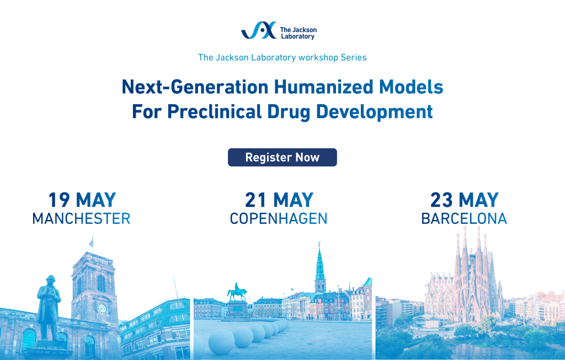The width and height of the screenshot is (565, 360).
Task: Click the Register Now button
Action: point(282,157)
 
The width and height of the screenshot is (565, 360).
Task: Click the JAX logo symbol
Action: point(259,30)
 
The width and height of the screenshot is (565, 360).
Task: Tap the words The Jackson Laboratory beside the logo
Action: point(298,33)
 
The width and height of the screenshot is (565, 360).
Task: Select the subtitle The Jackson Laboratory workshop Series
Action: point(282,57)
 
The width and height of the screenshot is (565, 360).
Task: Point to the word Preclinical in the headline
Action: point(215,111)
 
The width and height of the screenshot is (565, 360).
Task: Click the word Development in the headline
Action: point(374,112)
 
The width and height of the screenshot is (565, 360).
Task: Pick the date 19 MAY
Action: point(82,200)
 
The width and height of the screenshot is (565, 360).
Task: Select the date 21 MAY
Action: point(279,200)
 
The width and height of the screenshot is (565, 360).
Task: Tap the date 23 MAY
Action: point(465,200)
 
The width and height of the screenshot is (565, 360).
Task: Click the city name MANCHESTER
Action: point(81,219)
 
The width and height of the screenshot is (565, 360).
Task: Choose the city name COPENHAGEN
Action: point(279,219)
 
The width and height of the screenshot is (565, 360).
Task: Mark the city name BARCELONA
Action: point(464,219)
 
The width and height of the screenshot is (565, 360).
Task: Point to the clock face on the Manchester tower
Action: point(102,309)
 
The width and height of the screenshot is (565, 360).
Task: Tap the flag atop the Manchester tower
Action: point(91,241)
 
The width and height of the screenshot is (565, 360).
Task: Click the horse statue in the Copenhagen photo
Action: point(237,292)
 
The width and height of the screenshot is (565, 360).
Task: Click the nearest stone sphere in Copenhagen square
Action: point(221,342)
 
